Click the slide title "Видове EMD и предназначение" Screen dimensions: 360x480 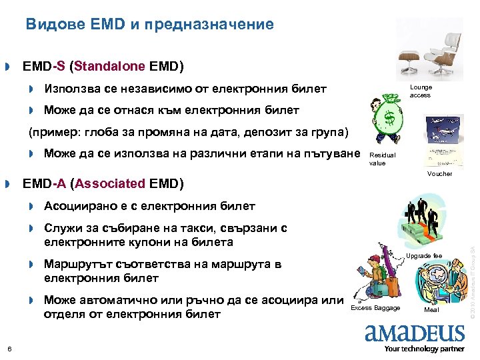[150, 25]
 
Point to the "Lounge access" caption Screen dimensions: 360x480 [421, 91]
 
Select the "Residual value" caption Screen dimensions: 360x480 [382, 159]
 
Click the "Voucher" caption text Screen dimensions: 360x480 [439, 173]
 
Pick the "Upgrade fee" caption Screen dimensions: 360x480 [443, 256]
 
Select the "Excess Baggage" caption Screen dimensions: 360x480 [375, 307]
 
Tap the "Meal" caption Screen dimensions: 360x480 [431, 310]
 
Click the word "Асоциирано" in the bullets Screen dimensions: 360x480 [77, 205]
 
